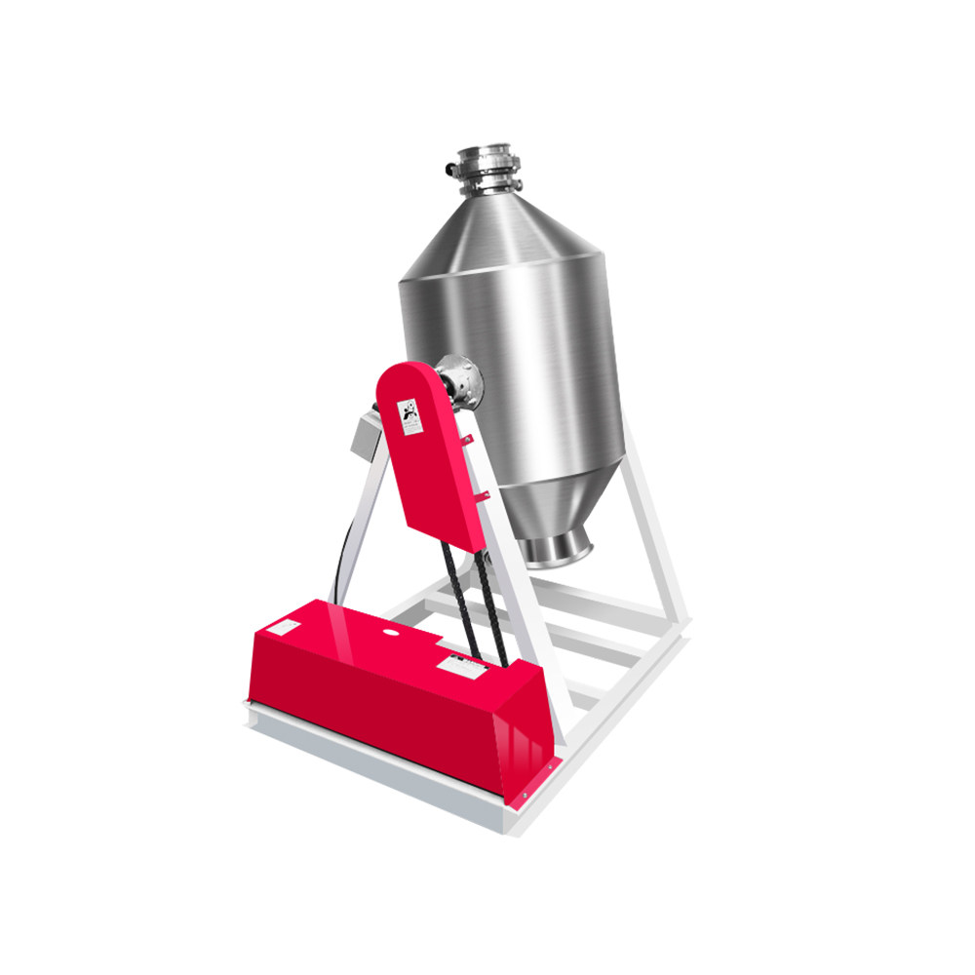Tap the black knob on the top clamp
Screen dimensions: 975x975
(450, 170)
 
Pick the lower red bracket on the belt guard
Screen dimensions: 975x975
(483, 497)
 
